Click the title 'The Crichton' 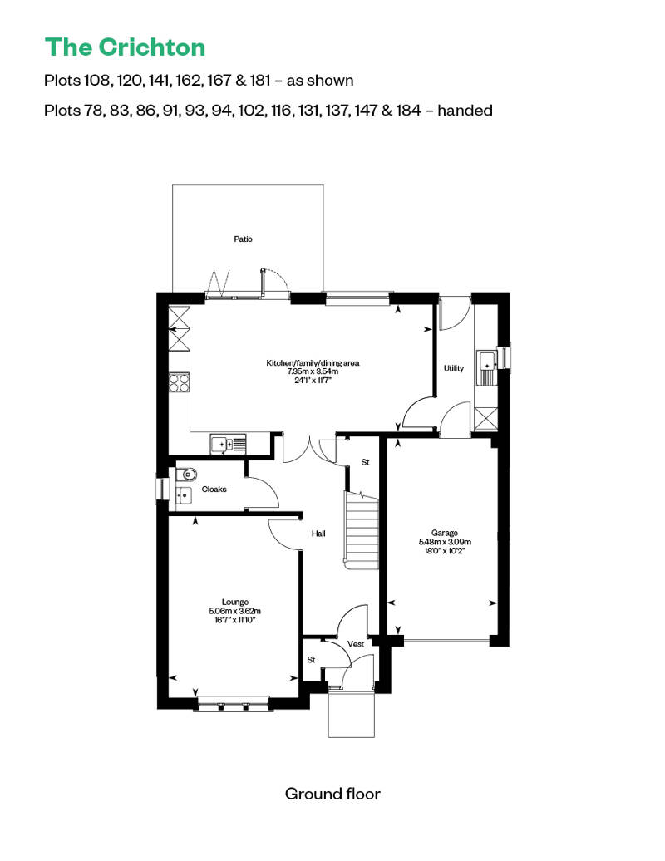click(x=125, y=47)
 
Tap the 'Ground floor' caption click(x=332, y=794)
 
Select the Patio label click(x=243, y=239)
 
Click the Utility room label click(x=454, y=368)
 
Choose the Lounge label click(x=235, y=603)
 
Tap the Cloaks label click(x=214, y=490)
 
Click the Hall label click(x=318, y=534)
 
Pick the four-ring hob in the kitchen click(x=180, y=382)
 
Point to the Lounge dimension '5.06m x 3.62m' click(x=235, y=612)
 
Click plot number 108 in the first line click(x=96, y=81)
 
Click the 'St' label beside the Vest click(x=312, y=660)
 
